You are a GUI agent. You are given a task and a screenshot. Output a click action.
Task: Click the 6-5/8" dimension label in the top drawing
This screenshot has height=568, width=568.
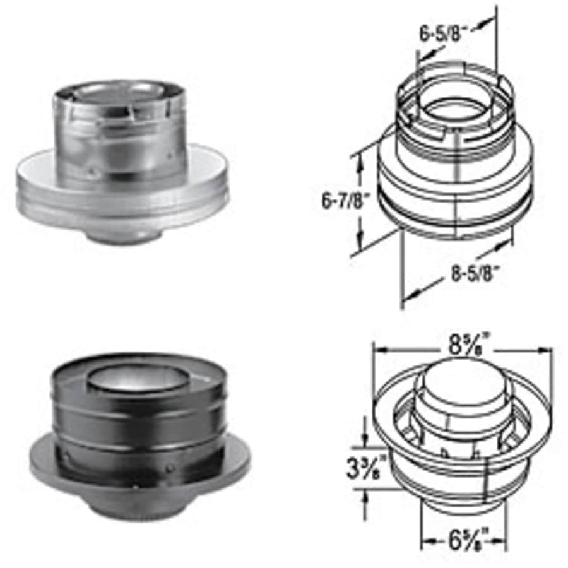tap(442, 33)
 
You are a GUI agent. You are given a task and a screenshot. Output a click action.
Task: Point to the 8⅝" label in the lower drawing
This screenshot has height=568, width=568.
tap(468, 346)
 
